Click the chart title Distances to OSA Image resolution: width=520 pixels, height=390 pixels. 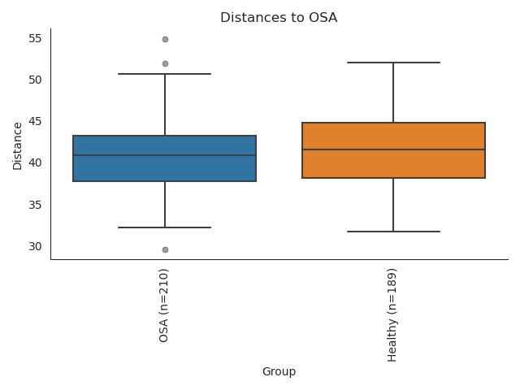tap(279, 18)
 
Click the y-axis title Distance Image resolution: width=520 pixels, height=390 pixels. tap(18, 144)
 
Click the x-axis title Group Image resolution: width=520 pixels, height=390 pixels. tap(279, 371)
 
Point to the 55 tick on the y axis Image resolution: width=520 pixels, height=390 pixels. tap(35, 38)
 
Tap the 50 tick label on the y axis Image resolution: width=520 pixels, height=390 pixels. tap(35, 80)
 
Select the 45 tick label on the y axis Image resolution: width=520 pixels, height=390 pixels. tap(35, 121)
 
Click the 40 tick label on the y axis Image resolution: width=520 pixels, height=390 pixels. tap(35, 162)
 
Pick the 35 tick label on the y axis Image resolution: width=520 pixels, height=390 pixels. tap(35, 205)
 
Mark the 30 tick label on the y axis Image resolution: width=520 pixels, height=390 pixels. tap(35, 246)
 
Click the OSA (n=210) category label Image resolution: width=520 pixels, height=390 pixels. tap(164, 305)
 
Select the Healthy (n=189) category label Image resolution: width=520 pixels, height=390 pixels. tap(393, 314)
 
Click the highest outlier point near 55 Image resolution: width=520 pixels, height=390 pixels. tap(165, 39)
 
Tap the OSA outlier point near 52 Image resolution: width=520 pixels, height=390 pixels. tap(165, 63)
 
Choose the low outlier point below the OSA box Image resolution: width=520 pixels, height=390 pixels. tap(165, 249)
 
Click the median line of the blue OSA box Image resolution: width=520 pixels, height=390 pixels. tap(165, 155)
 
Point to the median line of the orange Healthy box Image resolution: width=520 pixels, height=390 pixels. tap(393, 149)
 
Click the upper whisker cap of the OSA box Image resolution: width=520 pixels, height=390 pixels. tap(165, 74)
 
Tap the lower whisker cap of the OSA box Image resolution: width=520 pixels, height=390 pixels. tap(165, 227)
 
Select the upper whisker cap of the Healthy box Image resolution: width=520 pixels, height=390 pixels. tap(393, 63)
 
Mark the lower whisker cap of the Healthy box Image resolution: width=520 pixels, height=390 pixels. tap(393, 232)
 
